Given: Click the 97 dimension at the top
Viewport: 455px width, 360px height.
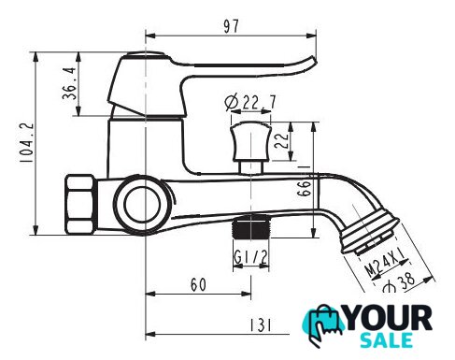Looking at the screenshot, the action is (x=232, y=26).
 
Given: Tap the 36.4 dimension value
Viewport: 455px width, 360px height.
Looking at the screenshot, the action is (x=69, y=83).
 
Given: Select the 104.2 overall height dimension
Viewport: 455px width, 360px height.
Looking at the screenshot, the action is (x=27, y=142).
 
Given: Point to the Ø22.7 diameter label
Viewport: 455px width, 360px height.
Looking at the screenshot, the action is (x=250, y=102).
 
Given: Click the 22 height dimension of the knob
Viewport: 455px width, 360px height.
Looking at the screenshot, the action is (x=281, y=141).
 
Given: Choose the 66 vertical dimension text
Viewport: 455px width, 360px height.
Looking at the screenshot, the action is (x=305, y=188).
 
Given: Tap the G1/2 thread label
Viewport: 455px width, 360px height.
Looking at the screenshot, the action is (x=250, y=257).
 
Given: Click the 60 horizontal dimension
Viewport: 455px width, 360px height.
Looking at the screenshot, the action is (x=198, y=284).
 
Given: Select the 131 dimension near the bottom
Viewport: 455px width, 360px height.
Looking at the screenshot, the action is (x=261, y=325).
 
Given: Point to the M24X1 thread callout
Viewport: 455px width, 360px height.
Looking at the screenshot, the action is (x=386, y=264).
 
